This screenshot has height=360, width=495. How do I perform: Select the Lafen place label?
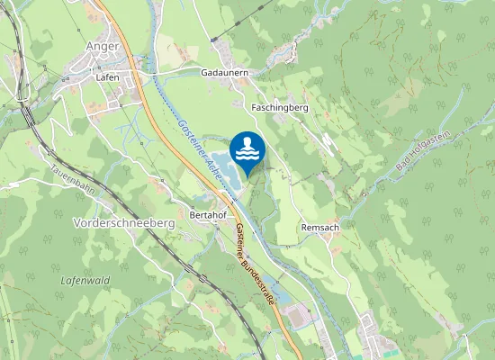coord(107,77)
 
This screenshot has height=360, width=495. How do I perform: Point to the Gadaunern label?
coord(224,72)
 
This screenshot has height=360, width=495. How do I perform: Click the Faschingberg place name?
coord(281,107)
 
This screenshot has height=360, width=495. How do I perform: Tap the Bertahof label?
coord(208,216)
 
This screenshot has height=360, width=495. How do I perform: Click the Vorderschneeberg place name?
coord(123,222)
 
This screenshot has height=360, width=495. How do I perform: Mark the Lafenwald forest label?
coord(85,281)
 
